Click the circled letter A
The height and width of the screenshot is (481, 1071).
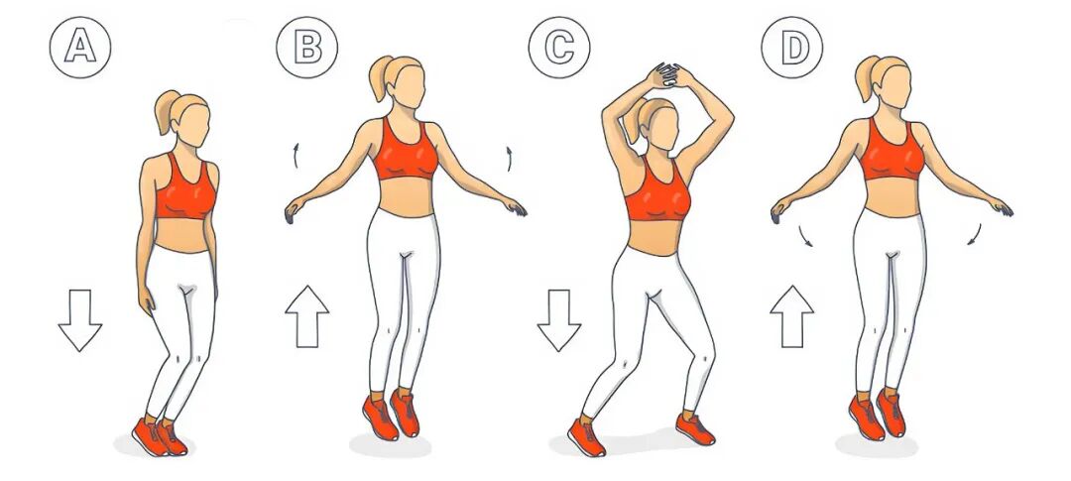80,48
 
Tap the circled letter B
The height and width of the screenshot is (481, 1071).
306,48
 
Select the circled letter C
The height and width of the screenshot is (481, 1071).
559,48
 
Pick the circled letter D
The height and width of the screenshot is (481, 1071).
792,48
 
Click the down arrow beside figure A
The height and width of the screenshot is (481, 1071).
80,319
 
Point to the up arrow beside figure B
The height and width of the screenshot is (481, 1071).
306,316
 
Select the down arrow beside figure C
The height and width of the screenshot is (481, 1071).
558,319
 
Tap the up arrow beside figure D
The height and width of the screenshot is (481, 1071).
792,316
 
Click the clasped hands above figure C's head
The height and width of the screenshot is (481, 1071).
667,74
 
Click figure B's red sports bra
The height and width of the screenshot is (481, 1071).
406,152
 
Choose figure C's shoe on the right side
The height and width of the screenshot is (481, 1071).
695,428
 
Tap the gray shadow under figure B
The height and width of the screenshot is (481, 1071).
390,445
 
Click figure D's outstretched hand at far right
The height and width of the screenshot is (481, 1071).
1002,207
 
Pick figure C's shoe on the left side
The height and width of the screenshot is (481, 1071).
586,437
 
